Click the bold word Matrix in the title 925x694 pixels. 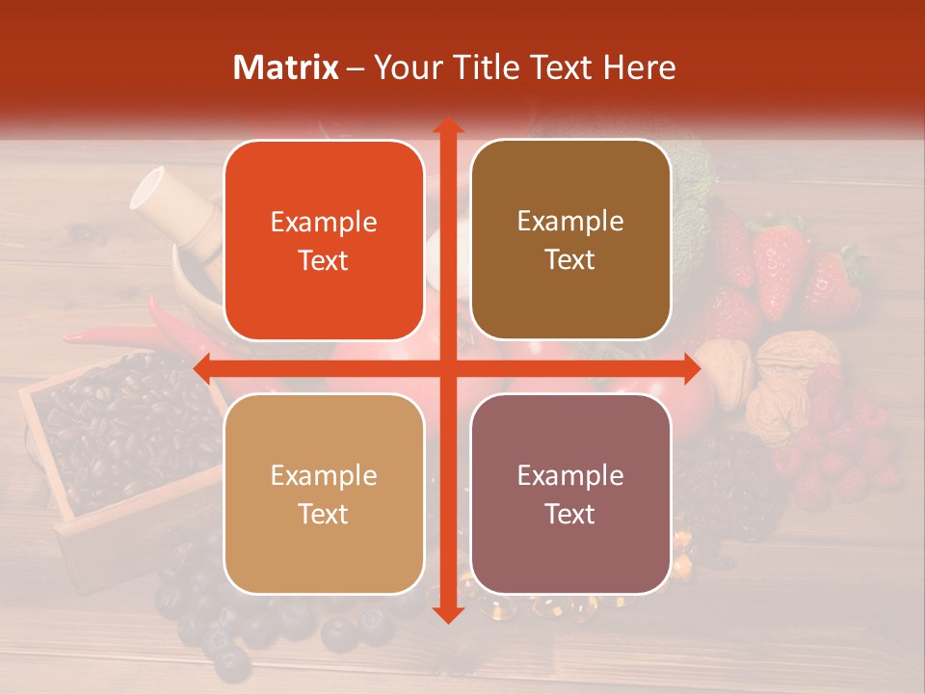tap(286, 67)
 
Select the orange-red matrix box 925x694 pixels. tap(324, 240)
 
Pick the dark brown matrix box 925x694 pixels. tap(570, 240)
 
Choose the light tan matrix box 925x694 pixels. tap(324, 494)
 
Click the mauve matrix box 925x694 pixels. tap(570, 494)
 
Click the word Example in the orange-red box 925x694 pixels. tap(324, 222)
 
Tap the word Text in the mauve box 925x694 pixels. tap(570, 514)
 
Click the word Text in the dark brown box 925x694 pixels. tap(570, 259)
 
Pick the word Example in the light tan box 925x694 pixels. tap(324, 475)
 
